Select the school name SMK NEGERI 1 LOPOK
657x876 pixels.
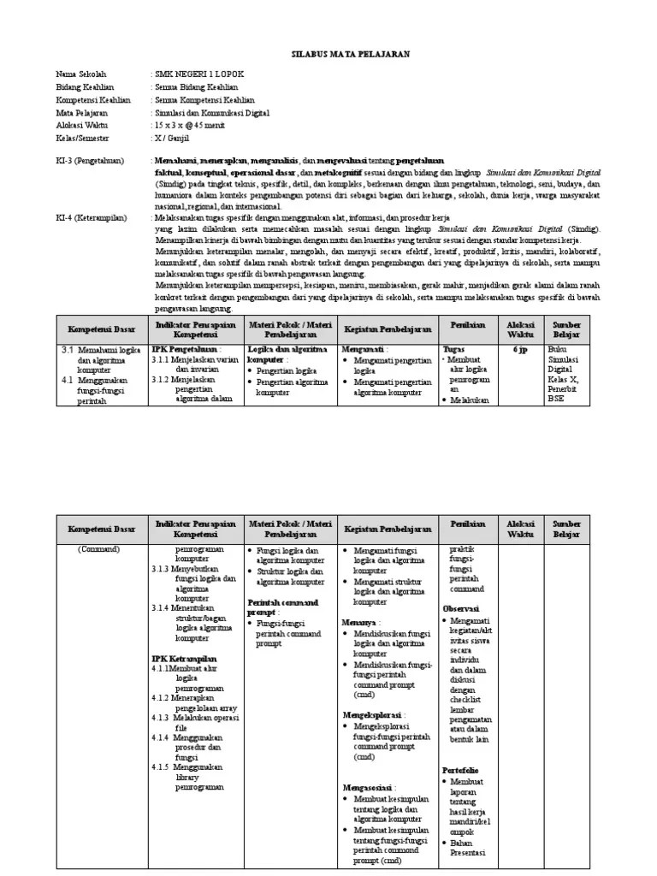196,75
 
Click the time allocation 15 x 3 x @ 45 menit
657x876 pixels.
196,123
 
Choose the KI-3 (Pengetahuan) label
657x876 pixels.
90,160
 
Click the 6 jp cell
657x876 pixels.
520,349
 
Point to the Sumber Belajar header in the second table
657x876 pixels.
566,528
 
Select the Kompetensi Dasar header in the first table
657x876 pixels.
101,328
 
